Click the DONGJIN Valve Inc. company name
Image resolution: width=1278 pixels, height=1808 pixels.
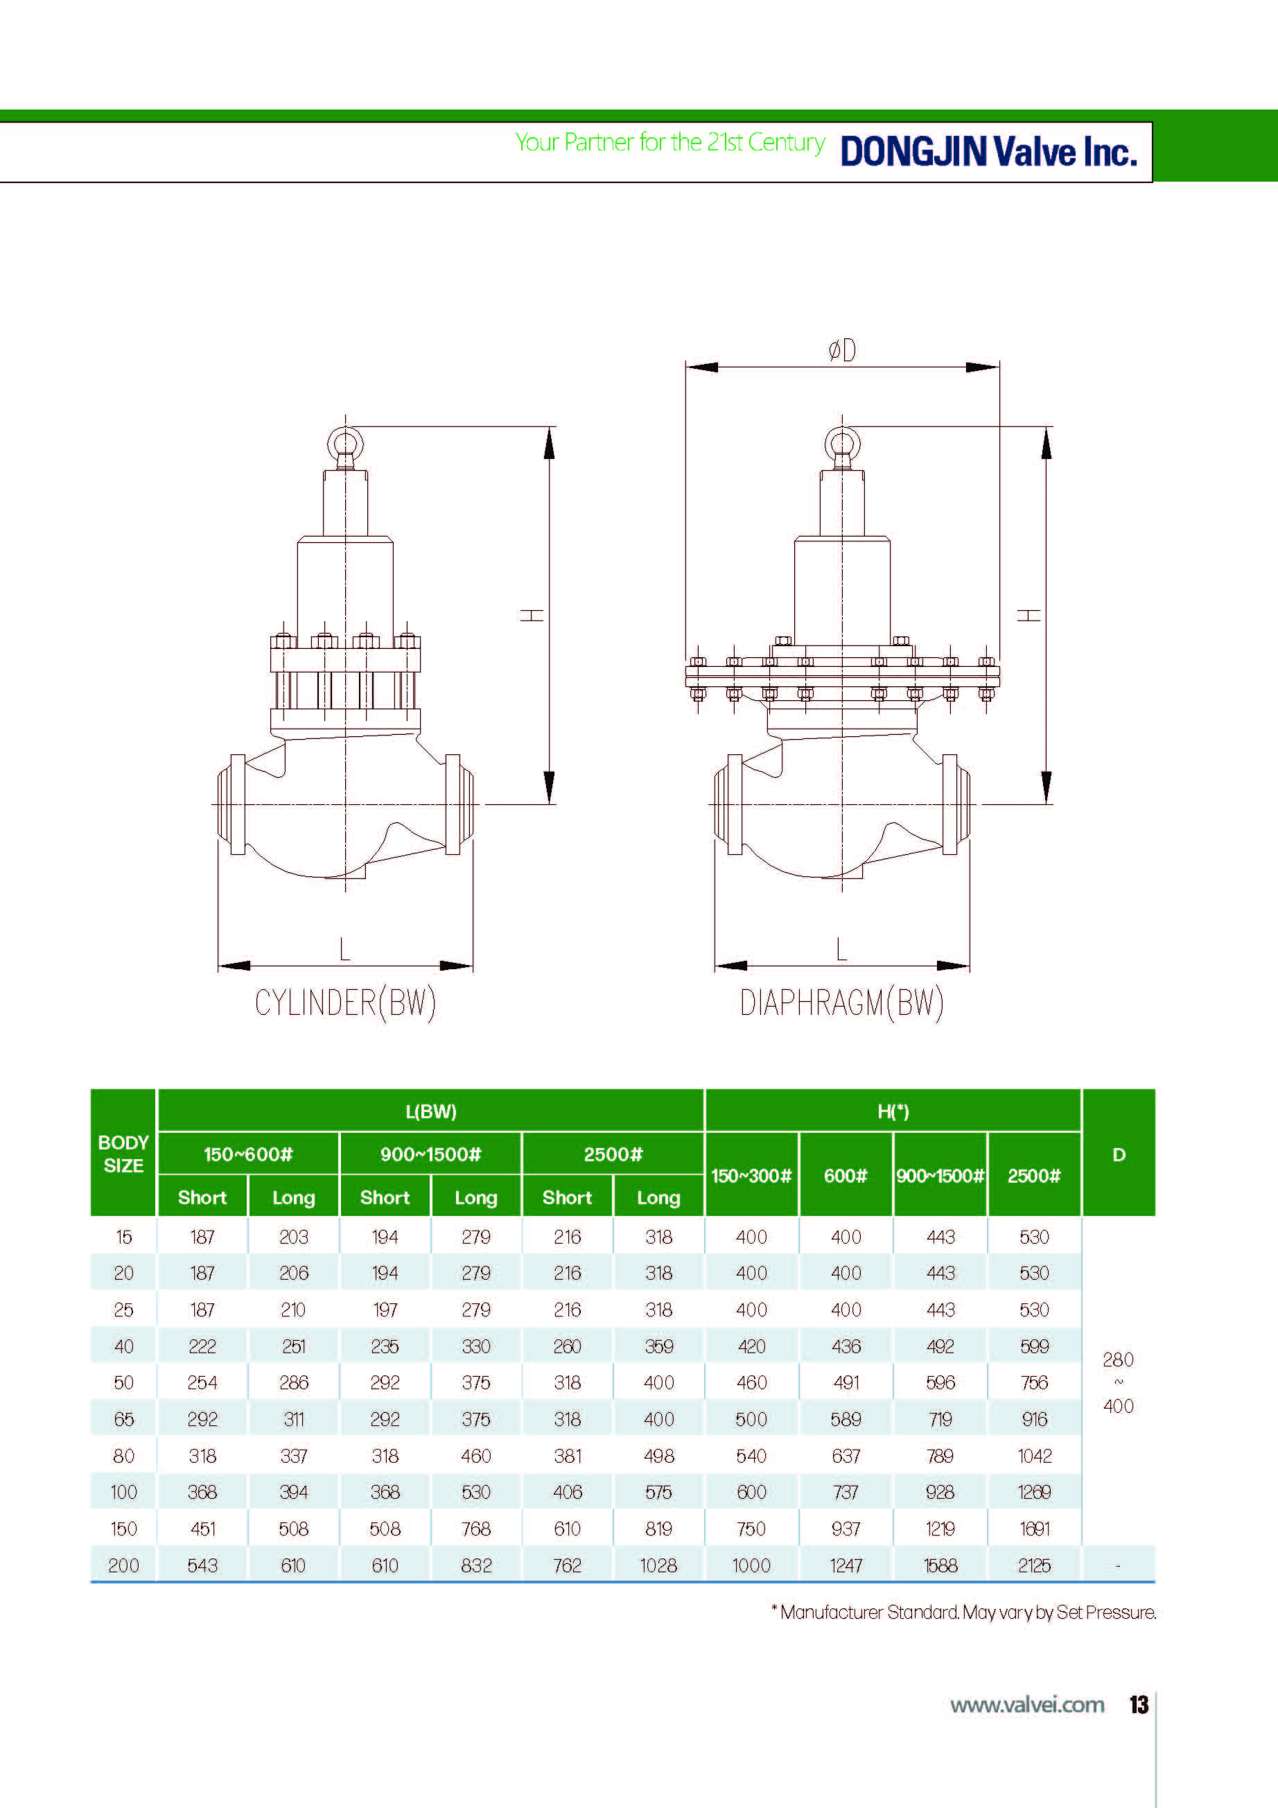pyautogui.click(x=988, y=151)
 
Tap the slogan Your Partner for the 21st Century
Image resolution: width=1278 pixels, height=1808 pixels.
pyautogui.click(x=669, y=143)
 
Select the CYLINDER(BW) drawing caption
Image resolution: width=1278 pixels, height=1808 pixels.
pyautogui.click(x=345, y=1003)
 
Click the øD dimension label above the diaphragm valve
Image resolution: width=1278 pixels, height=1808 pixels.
pyautogui.click(x=842, y=350)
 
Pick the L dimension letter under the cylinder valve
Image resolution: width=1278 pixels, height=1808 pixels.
pyautogui.click(x=344, y=949)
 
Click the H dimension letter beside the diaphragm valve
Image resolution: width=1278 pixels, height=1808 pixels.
pyautogui.click(x=1028, y=614)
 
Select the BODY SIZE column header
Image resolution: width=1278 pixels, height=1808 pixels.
pyautogui.click(x=123, y=1154)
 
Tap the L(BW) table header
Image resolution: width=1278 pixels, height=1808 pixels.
pyautogui.click(x=430, y=1111)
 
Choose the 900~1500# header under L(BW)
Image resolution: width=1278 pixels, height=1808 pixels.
pyautogui.click(x=430, y=1154)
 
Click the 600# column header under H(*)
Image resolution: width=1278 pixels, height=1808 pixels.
pyautogui.click(x=845, y=1176)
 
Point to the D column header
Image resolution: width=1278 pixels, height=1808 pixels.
pyautogui.click(x=1118, y=1154)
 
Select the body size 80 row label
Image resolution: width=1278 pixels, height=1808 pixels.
pyautogui.click(x=123, y=1456)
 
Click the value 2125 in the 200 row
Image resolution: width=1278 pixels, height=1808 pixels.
pyautogui.click(x=1034, y=1565)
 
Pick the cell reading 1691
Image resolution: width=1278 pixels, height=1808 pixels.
pyautogui.click(x=1034, y=1529)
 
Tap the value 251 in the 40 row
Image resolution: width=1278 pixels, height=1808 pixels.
pyautogui.click(x=294, y=1346)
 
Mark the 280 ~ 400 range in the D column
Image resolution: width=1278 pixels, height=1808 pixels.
pyautogui.click(x=1118, y=1383)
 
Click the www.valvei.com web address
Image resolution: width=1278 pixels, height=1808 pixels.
pyautogui.click(x=1027, y=1705)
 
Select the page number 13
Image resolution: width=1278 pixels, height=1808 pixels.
pyautogui.click(x=1139, y=1705)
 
